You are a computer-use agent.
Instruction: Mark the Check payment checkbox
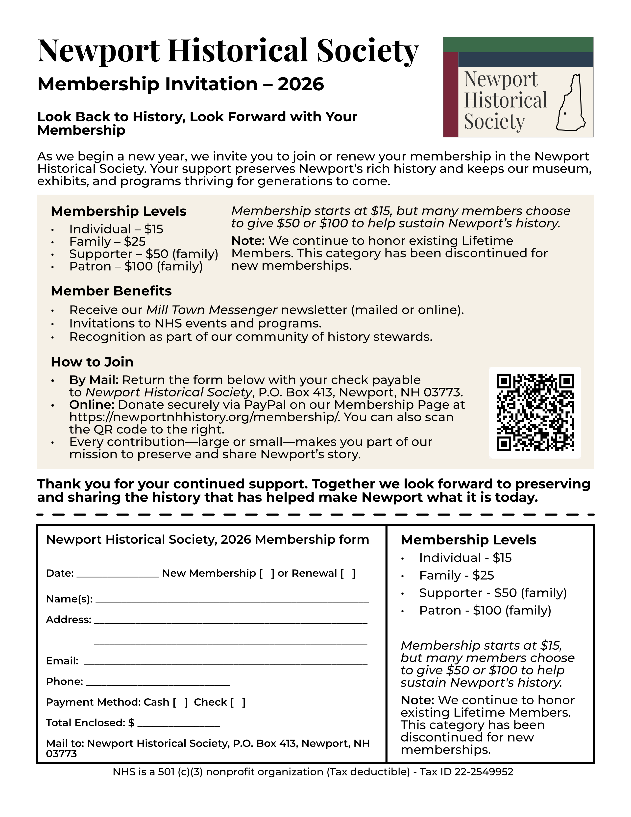coord(238,702)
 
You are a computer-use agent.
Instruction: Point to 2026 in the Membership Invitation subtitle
coord(301,84)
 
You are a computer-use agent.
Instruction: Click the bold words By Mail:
coord(94,380)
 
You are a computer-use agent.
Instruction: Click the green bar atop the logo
coord(518,45)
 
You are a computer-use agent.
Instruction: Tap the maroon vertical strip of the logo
coord(451,95)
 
